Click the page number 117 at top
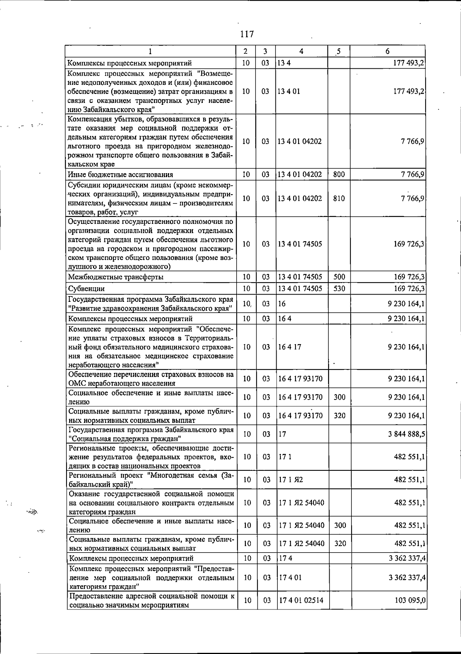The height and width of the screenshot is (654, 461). click(x=247, y=34)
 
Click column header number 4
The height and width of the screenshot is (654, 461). click(x=302, y=51)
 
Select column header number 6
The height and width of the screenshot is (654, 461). click(x=387, y=51)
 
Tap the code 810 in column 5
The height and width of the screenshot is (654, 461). click(x=339, y=199)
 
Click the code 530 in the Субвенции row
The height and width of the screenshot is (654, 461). click(x=339, y=289)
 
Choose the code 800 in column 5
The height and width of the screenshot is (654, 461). click(x=339, y=175)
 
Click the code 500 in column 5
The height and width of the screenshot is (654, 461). click(x=339, y=277)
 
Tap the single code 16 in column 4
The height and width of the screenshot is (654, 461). click(x=282, y=304)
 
